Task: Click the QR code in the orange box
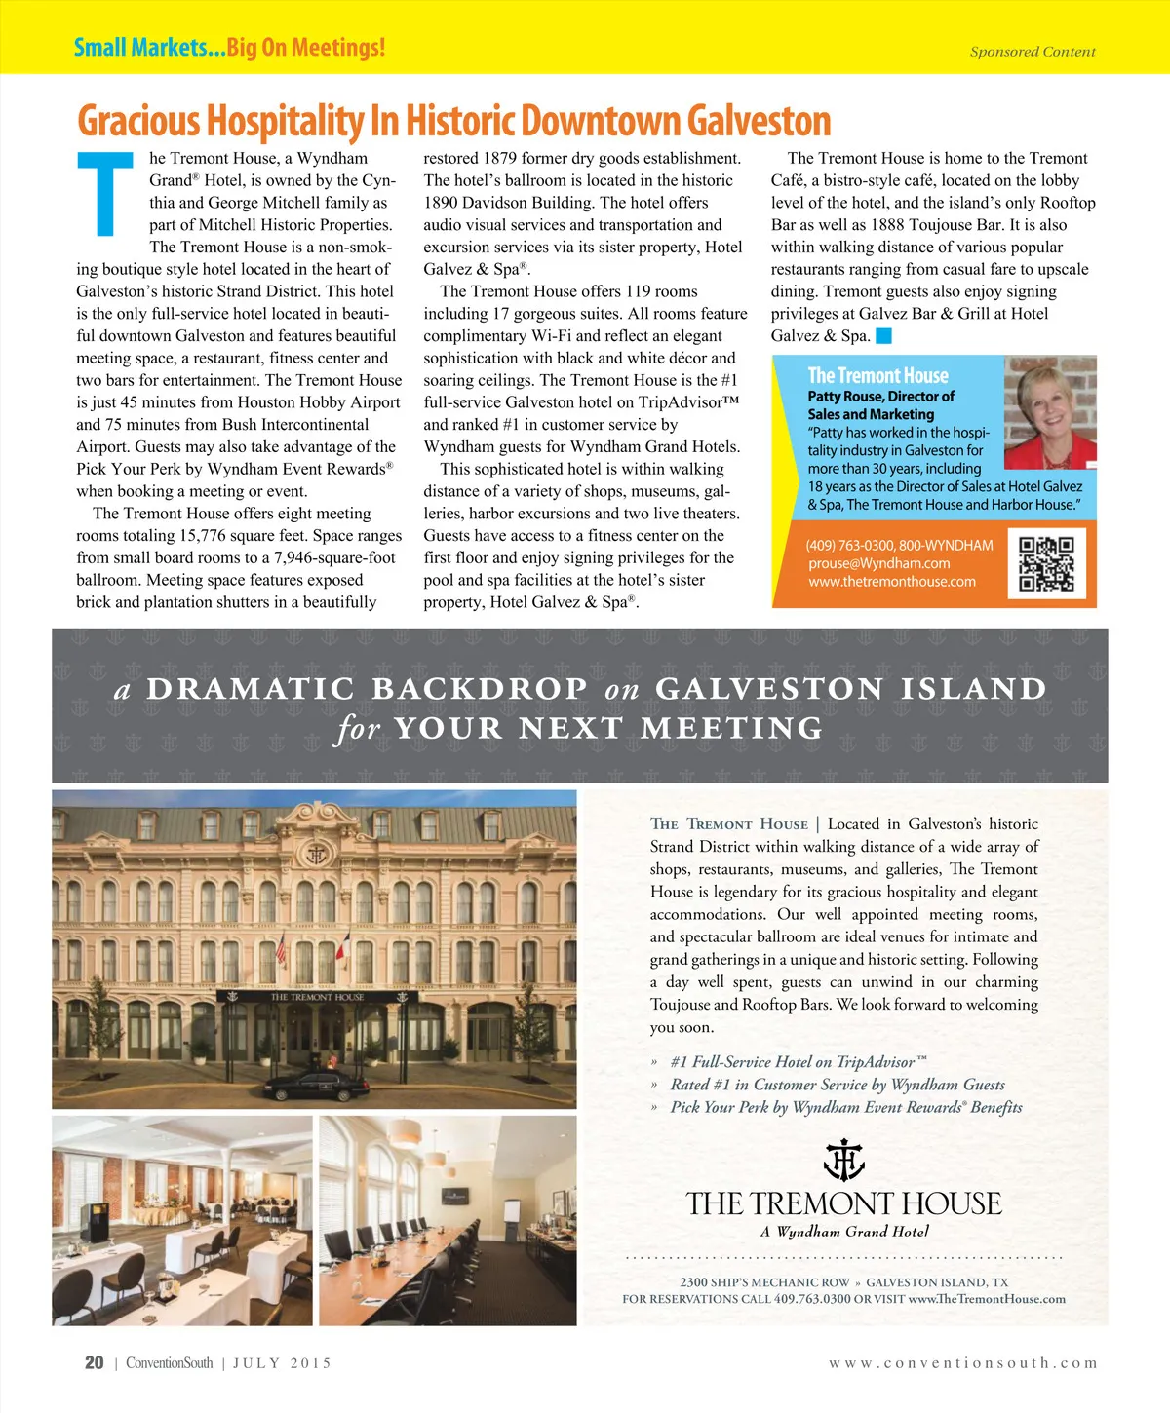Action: pos(1046,564)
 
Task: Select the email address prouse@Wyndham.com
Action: pos(878,563)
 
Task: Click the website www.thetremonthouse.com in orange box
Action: pos(891,582)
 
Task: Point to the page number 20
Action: pos(94,1363)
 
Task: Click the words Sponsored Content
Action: pos(1032,52)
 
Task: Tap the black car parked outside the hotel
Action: pos(316,1084)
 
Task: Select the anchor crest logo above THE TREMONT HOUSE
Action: pos(843,1160)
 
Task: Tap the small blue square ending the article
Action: pos(883,336)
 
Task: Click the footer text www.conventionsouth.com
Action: pos(962,1363)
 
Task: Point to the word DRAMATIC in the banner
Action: pos(251,689)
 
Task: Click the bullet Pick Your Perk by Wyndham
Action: pos(845,1107)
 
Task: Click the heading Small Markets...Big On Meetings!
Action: pos(229,47)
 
